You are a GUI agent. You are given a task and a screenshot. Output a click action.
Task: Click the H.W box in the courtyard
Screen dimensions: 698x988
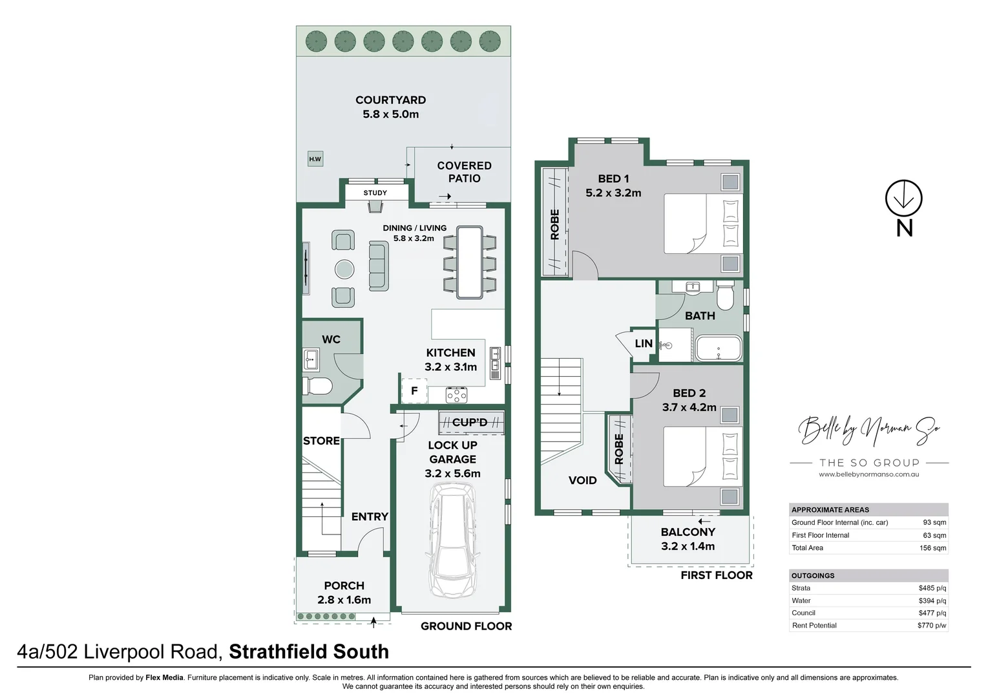click(315, 159)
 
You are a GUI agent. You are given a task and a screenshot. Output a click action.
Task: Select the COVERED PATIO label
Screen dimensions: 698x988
click(464, 172)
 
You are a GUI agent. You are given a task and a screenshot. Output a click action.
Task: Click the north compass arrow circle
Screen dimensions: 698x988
click(903, 198)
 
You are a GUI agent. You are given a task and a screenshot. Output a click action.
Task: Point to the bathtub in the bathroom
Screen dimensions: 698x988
click(719, 348)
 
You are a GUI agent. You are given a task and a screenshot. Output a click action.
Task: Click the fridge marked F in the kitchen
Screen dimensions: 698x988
click(414, 391)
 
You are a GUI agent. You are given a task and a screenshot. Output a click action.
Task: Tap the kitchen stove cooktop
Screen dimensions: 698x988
click(456, 394)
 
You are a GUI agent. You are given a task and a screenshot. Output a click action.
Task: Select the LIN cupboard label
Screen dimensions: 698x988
click(644, 344)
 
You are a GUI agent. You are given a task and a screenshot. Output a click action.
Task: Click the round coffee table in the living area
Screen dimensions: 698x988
click(344, 268)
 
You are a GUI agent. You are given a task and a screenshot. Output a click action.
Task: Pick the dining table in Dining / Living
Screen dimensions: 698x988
click(470, 262)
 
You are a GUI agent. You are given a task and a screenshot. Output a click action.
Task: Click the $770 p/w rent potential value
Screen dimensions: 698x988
click(932, 626)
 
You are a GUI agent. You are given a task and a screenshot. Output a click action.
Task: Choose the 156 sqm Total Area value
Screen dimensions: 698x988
click(933, 548)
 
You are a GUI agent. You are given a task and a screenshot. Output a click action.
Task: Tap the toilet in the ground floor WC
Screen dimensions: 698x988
click(317, 386)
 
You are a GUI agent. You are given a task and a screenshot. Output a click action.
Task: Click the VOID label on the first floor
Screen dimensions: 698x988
click(582, 480)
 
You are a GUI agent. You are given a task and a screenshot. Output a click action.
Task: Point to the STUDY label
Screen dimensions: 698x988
click(375, 193)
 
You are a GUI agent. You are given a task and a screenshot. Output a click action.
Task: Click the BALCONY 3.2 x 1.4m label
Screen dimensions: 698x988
click(688, 539)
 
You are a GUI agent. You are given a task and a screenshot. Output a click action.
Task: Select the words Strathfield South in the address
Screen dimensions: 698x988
click(309, 651)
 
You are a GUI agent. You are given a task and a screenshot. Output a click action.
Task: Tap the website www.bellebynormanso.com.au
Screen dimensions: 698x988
click(868, 474)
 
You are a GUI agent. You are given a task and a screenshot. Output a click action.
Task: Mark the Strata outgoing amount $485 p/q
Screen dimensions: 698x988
click(932, 588)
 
